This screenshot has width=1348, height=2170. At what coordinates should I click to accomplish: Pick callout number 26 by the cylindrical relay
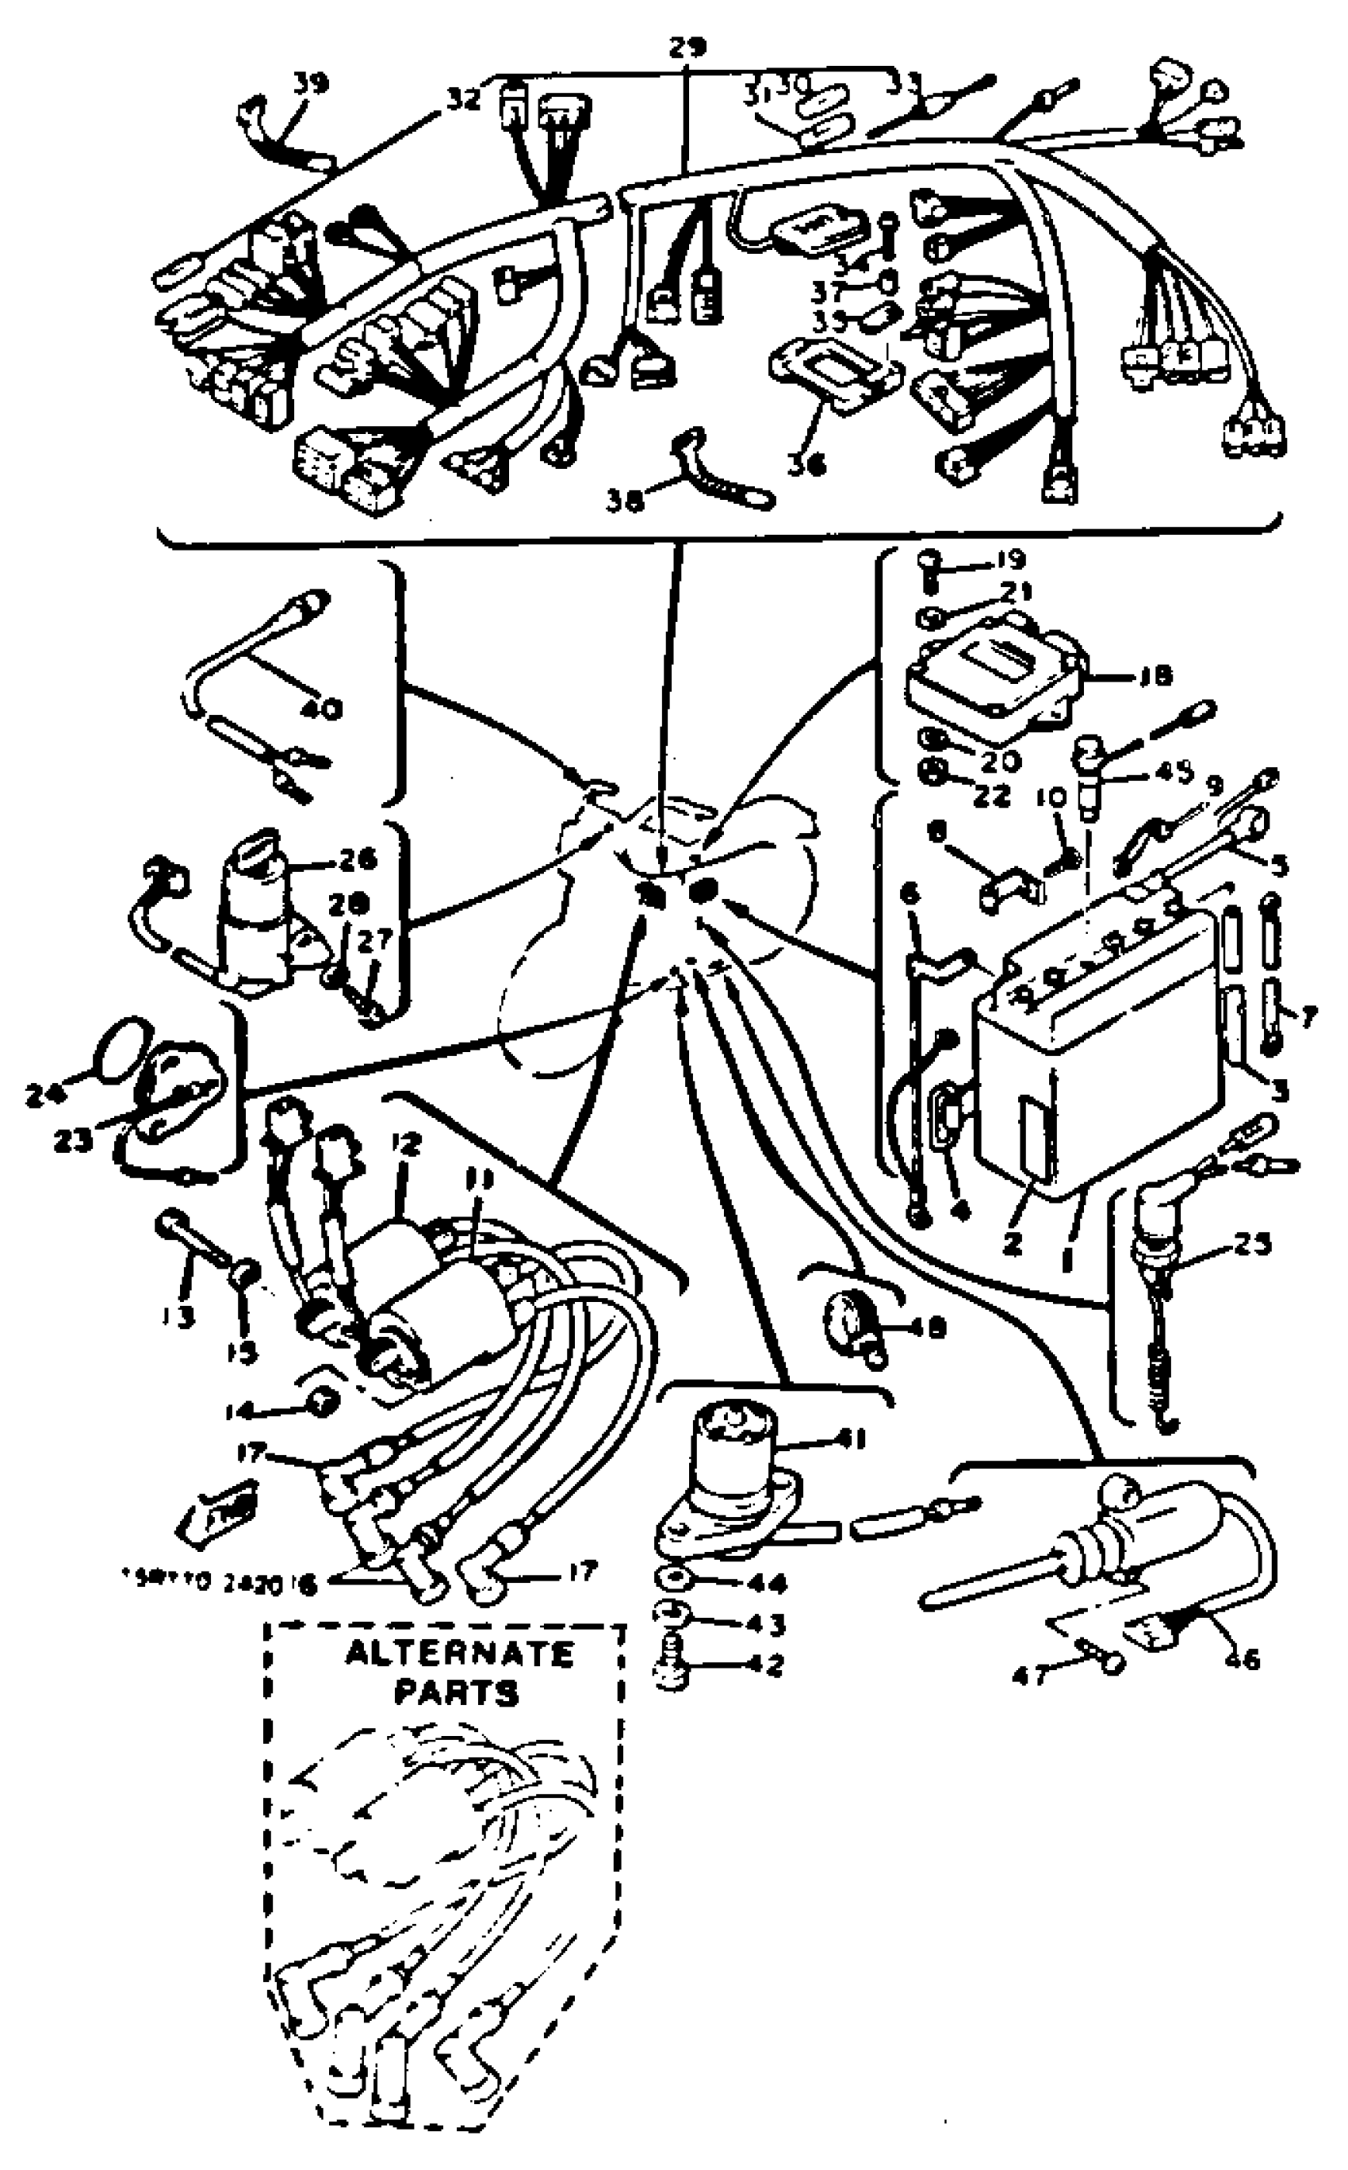pyautogui.click(x=357, y=861)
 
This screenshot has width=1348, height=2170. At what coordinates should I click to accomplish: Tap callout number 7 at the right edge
pyautogui.click(x=1307, y=1017)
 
